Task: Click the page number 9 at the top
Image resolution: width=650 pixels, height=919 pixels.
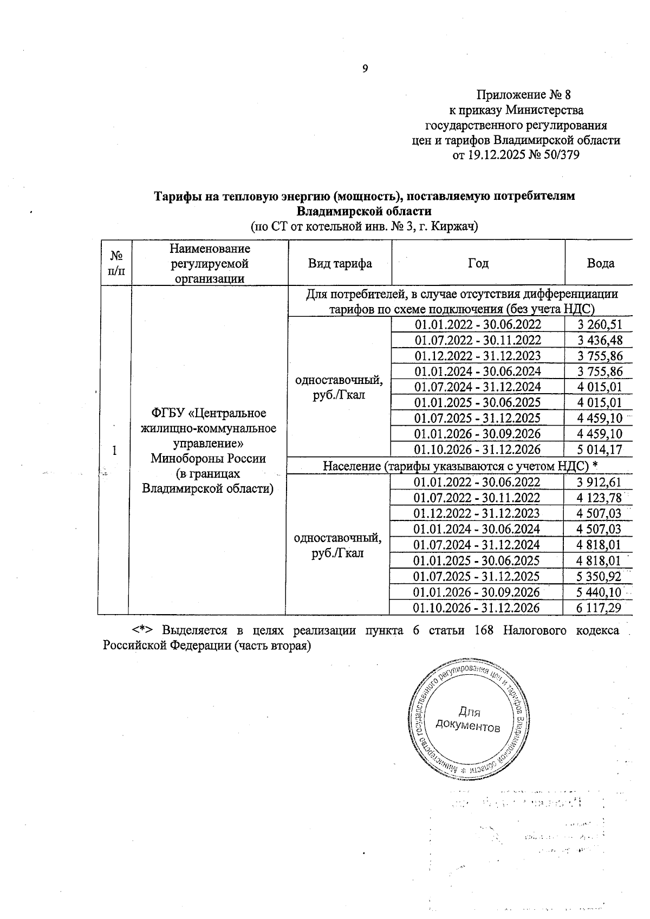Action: tap(365, 69)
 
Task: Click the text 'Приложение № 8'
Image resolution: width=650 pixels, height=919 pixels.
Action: tap(523, 95)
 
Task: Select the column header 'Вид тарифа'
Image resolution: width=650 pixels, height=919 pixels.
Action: tap(340, 263)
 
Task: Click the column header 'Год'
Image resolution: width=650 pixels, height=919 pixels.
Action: tap(478, 263)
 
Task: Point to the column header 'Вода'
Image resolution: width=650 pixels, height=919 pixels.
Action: tap(600, 263)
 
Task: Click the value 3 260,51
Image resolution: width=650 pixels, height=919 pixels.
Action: tap(600, 325)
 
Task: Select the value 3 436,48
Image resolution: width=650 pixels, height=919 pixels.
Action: tap(600, 340)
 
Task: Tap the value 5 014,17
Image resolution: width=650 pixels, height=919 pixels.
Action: tap(600, 449)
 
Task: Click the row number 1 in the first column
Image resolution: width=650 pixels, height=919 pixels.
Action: tap(114, 451)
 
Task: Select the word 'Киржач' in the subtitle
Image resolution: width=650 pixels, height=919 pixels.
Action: tap(456, 227)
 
